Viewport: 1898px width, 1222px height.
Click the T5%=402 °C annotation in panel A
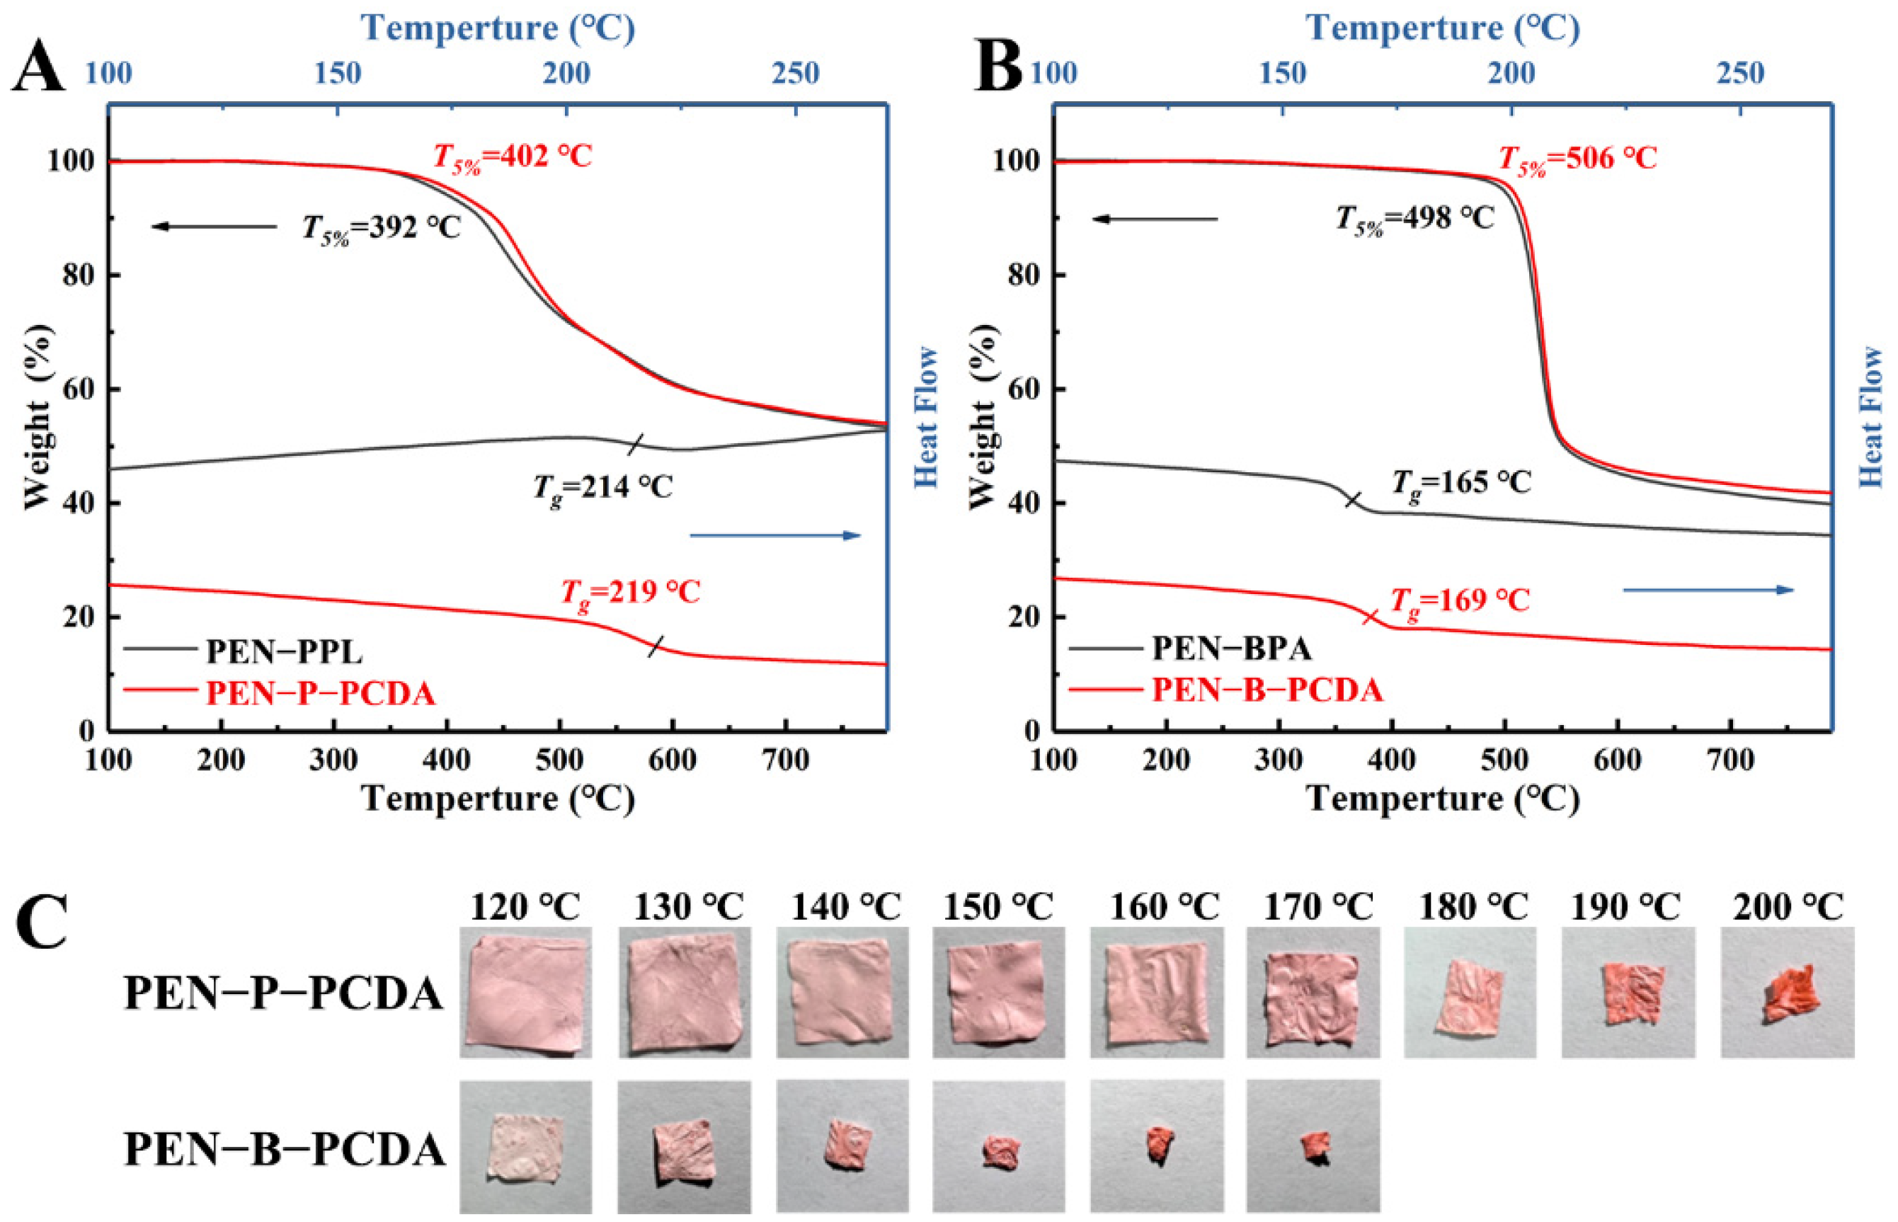point(513,157)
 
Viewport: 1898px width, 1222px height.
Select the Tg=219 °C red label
point(631,593)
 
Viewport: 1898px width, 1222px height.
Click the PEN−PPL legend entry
point(283,651)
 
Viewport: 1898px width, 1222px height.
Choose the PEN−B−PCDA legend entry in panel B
point(1267,690)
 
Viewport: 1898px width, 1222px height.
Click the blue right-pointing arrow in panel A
point(775,536)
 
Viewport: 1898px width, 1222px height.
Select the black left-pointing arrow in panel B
point(1155,219)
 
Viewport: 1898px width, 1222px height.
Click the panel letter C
point(41,924)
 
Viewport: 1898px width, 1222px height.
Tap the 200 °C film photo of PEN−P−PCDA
point(1787,992)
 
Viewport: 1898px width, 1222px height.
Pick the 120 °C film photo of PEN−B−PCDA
point(525,1147)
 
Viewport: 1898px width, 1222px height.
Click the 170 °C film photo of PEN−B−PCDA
point(1313,1147)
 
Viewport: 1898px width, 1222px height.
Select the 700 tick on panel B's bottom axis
point(1730,760)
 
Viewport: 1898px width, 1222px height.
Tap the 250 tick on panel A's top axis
point(795,74)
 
